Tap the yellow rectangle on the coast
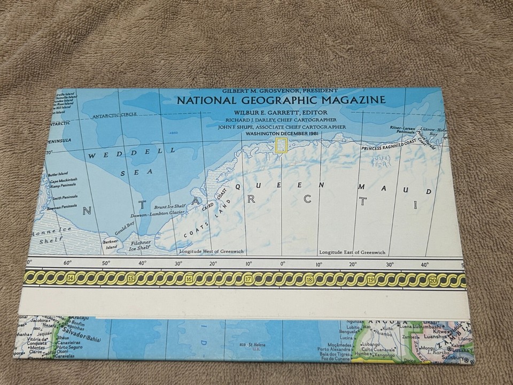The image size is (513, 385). click(281, 145)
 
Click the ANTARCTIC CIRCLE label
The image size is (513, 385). click(114, 115)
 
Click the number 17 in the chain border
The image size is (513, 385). click(248, 279)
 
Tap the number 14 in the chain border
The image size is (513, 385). click(71, 278)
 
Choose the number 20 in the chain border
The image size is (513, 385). click(432, 280)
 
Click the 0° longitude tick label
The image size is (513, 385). click(283, 263)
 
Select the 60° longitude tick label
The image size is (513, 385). click(67, 263)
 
